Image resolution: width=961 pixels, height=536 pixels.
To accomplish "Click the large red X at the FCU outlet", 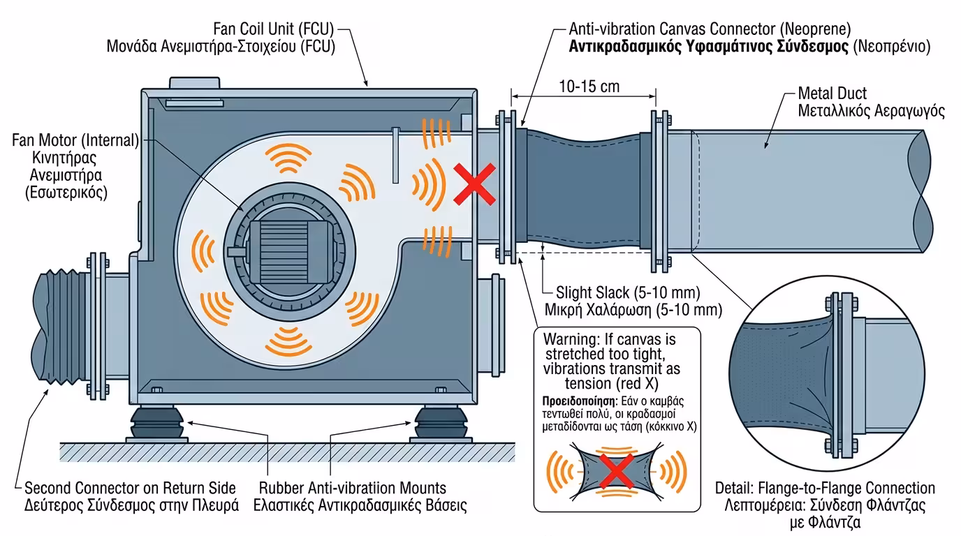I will tap(475, 184).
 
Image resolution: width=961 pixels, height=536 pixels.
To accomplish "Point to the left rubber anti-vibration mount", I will tap(157, 422).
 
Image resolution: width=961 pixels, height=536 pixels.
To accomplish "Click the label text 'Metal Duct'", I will tap(832, 94).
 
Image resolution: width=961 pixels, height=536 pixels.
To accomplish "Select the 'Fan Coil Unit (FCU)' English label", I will tap(274, 29).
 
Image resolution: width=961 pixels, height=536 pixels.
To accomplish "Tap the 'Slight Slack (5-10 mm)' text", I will tap(628, 292).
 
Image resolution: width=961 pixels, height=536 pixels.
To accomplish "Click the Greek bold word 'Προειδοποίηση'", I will tap(578, 401).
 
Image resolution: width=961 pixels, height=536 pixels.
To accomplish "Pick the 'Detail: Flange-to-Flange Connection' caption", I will tap(825, 488).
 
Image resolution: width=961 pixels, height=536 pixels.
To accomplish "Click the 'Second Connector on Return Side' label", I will tap(130, 488).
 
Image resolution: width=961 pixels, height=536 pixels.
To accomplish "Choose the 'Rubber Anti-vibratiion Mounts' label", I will tap(352, 488).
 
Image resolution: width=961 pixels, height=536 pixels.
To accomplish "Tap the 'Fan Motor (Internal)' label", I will tap(75, 140).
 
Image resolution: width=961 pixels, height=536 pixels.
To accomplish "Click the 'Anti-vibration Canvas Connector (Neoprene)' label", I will tap(710, 29).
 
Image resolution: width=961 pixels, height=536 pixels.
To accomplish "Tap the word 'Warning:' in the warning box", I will tap(567, 339).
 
